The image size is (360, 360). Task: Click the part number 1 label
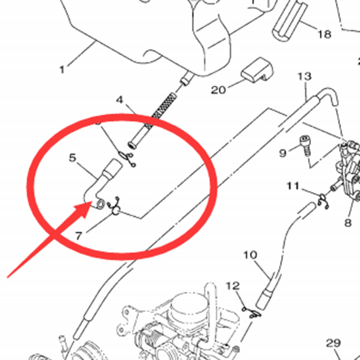click(x=62, y=70)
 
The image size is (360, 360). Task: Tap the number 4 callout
click(x=120, y=99)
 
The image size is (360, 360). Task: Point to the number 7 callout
click(x=79, y=235)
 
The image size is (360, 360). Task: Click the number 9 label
click(x=283, y=153)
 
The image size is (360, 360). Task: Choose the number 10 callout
click(x=250, y=256)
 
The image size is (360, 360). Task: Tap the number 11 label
click(x=293, y=185)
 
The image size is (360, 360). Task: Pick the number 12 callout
click(x=233, y=286)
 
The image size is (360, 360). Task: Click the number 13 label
click(x=304, y=76)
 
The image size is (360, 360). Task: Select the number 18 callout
click(x=324, y=34)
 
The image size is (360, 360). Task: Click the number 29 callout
click(x=333, y=343)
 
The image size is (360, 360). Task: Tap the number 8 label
click(x=347, y=222)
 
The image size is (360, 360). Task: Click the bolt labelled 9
click(x=305, y=145)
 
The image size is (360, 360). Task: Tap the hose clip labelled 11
click(x=323, y=200)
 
